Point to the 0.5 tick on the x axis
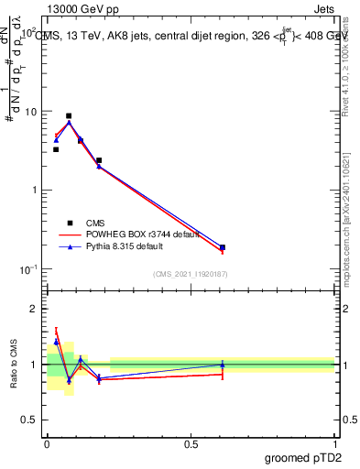(x=191, y=440)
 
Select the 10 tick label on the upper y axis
(x=31, y=112)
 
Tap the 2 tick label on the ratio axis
(x=34, y=309)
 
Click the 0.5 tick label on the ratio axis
(x=30, y=421)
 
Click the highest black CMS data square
(x=69, y=116)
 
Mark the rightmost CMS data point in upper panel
(x=223, y=247)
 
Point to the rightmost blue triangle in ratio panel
(x=223, y=365)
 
